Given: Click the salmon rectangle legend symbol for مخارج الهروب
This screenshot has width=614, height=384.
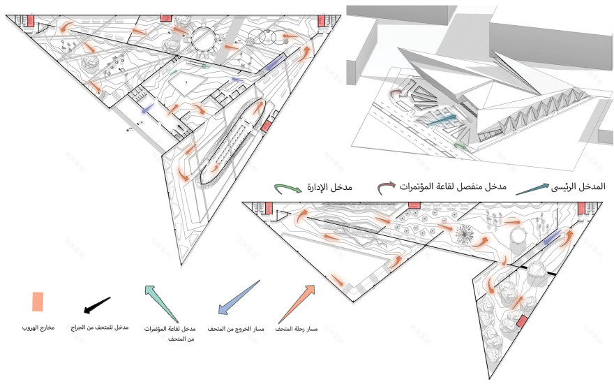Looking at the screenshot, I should point(36,301).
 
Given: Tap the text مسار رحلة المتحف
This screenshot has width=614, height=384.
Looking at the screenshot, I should point(297,328).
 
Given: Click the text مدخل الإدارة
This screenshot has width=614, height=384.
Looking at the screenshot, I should point(330,188).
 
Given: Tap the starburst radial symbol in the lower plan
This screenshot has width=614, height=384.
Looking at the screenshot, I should point(464,233).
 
